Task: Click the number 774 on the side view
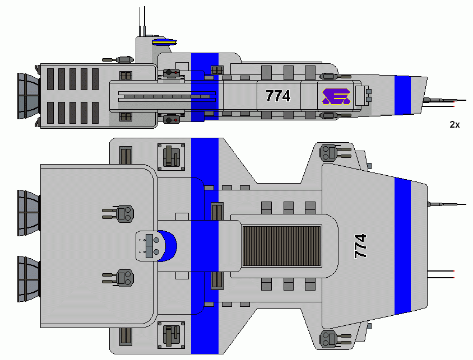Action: pos(278,96)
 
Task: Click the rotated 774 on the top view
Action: pos(361,246)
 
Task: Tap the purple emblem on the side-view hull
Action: pos(336,97)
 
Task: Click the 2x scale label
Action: pos(455,125)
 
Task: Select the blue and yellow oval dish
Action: pos(165,41)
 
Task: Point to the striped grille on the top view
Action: pos(281,246)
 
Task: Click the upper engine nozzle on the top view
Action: pos(28,213)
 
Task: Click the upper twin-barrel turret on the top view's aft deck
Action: pos(120,213)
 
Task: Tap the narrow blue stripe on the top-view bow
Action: pos(402,246)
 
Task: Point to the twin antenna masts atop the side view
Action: pos(142,21)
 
